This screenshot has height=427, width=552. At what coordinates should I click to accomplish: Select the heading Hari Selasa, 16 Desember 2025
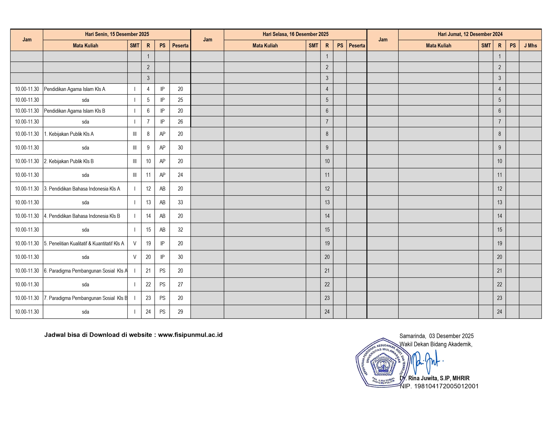tap(295, 34)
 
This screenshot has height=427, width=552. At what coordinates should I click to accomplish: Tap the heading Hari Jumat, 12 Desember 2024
tap(470, 34)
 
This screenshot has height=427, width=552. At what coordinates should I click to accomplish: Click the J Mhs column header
tap(530, 46)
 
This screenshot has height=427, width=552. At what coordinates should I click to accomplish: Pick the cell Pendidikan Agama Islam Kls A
tap(75, 89)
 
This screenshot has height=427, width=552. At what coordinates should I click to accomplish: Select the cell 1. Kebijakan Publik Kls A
tap(69, 134)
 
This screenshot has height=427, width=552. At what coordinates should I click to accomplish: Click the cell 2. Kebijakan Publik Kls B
tap(69, 161)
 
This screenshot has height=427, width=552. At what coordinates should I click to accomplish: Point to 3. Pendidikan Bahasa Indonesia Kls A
tap(82, 189)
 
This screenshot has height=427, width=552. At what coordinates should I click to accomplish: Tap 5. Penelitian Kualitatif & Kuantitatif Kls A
tap(84, 243)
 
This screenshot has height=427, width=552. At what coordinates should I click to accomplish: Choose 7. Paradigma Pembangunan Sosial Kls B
tap(85, 298)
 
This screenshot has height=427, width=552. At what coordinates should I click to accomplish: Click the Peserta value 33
tap(180, 202)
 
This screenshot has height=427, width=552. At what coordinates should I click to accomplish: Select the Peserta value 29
tap(180, 312)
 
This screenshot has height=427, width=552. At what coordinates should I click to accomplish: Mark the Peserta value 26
tap(180, 122)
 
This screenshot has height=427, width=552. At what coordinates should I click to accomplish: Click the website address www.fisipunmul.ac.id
tap(190, 335)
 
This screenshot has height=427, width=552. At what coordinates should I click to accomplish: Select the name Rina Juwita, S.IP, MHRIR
tap(439, 378)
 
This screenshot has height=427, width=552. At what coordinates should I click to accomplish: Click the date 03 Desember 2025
tap(451, 336)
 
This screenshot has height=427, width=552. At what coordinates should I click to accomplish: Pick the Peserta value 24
tap(180, 175)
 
